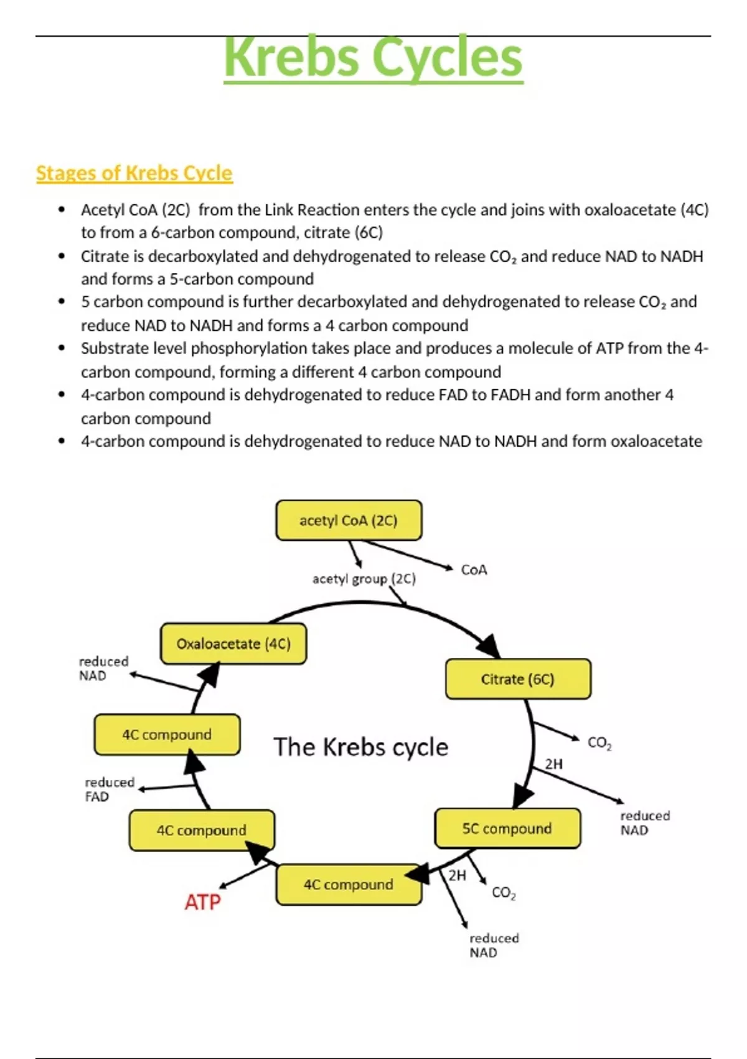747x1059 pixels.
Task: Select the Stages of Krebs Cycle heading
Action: pyautogui.click(x=134, y=173)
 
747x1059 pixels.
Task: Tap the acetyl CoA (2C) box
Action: pyautogui.click(x=349, y=520)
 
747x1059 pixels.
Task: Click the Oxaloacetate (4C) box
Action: pyautogui.click(x=233, y=643)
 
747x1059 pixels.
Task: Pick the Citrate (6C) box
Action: pyautogui.click(x=518, y=679)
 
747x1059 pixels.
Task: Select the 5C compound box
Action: pyautogui.click(x=507, y=829)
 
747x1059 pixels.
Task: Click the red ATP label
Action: pyautogui.click(x=202, y=902)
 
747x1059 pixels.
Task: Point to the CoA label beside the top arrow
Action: pyautogui.click(x=474, y=570)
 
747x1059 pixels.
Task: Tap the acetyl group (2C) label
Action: pyautogui.click(x=364, y=579)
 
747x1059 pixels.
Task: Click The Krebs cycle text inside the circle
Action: pyautogui.click(x=360, y=747)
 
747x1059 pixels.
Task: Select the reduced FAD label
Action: pyautogui.click(x=109, y=789)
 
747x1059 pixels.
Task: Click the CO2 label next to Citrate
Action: pyautogui.click(x=599, y=743)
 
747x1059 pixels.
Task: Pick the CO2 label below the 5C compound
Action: pyautogui.click(x=503, y=893)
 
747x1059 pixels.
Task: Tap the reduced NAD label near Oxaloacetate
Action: pyautogui.click(x=103, y=668)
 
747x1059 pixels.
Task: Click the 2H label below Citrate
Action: pyautogui.click(x=553, y=764)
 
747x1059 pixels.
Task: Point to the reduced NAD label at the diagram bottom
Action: pyautogui.click(x=494, y=945)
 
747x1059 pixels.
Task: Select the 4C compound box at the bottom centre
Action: pyautogui.click(x=349, y=885)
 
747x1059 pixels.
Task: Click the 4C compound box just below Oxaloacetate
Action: pyautogui.click(x=167, y=734)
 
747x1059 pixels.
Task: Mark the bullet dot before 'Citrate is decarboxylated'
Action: pyautogui.click(x=61, y=256)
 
